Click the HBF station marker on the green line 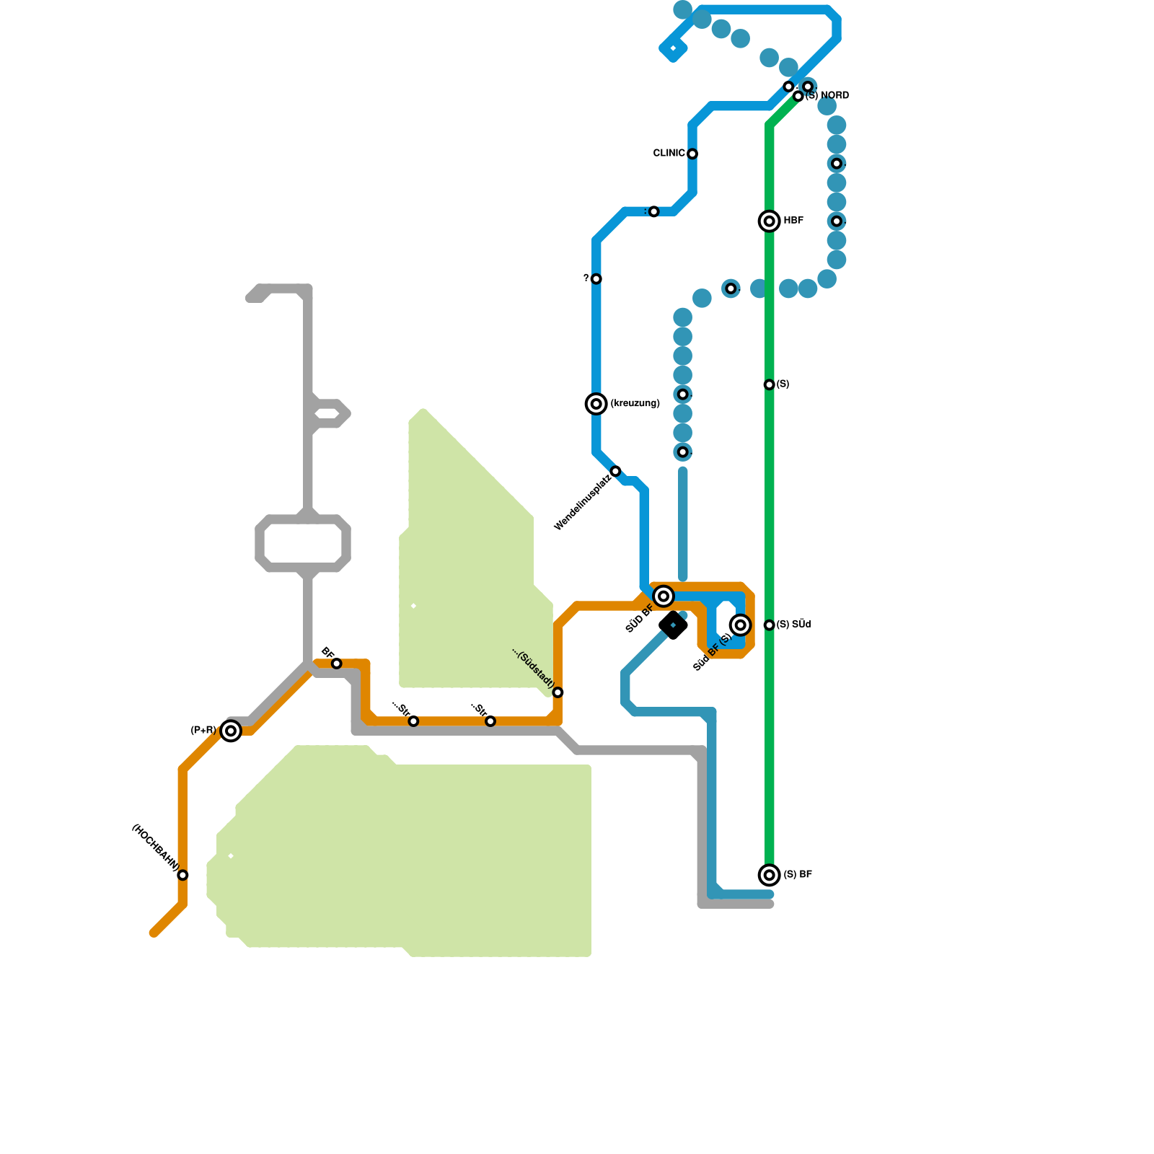click(x=770, y=221)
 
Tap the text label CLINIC click(x=669, y=153)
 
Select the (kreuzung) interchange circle click(x=596, y=403)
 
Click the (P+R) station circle click(x=231, y=731)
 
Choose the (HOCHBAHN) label click(x=154, y=846)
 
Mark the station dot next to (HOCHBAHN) click(x=183, y=875)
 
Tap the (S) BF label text click(x=798, y=874)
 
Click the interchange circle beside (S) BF click(x=770, y=875)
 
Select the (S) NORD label click(x=827, y=95)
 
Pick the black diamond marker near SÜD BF click(x=673, y=625)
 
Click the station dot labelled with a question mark click(x=596, y=278)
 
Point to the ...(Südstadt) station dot click(x=558, y=692)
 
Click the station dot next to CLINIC click(x=692, y=154)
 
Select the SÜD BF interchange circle click(x=664, y=596)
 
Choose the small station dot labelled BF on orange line click(x=336, y=663)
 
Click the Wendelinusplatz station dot click(x=615, y=471)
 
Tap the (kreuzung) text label click(x=635, y=403)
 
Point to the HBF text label click(x=793, y=220)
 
